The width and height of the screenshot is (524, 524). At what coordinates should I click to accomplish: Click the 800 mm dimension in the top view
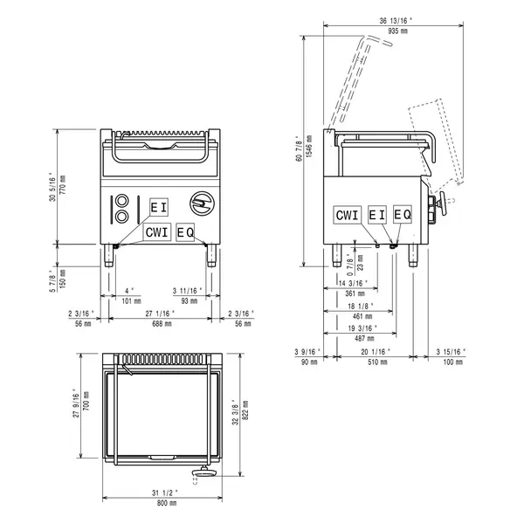(163, 503)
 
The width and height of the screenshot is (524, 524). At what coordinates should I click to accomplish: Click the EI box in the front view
(158, 207)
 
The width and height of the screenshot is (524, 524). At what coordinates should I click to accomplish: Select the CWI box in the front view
(157, 231)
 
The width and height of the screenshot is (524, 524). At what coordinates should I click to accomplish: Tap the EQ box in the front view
(185, 231)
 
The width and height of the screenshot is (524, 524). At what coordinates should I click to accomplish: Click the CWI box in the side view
(347, 214)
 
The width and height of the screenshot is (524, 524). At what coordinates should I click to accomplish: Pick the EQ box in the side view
(402, 214)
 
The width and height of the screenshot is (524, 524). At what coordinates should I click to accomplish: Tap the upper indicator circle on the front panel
(121, 199)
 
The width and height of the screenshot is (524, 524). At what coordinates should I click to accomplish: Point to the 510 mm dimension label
(378, 362)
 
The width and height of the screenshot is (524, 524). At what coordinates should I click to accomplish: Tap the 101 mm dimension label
(129, 300)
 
